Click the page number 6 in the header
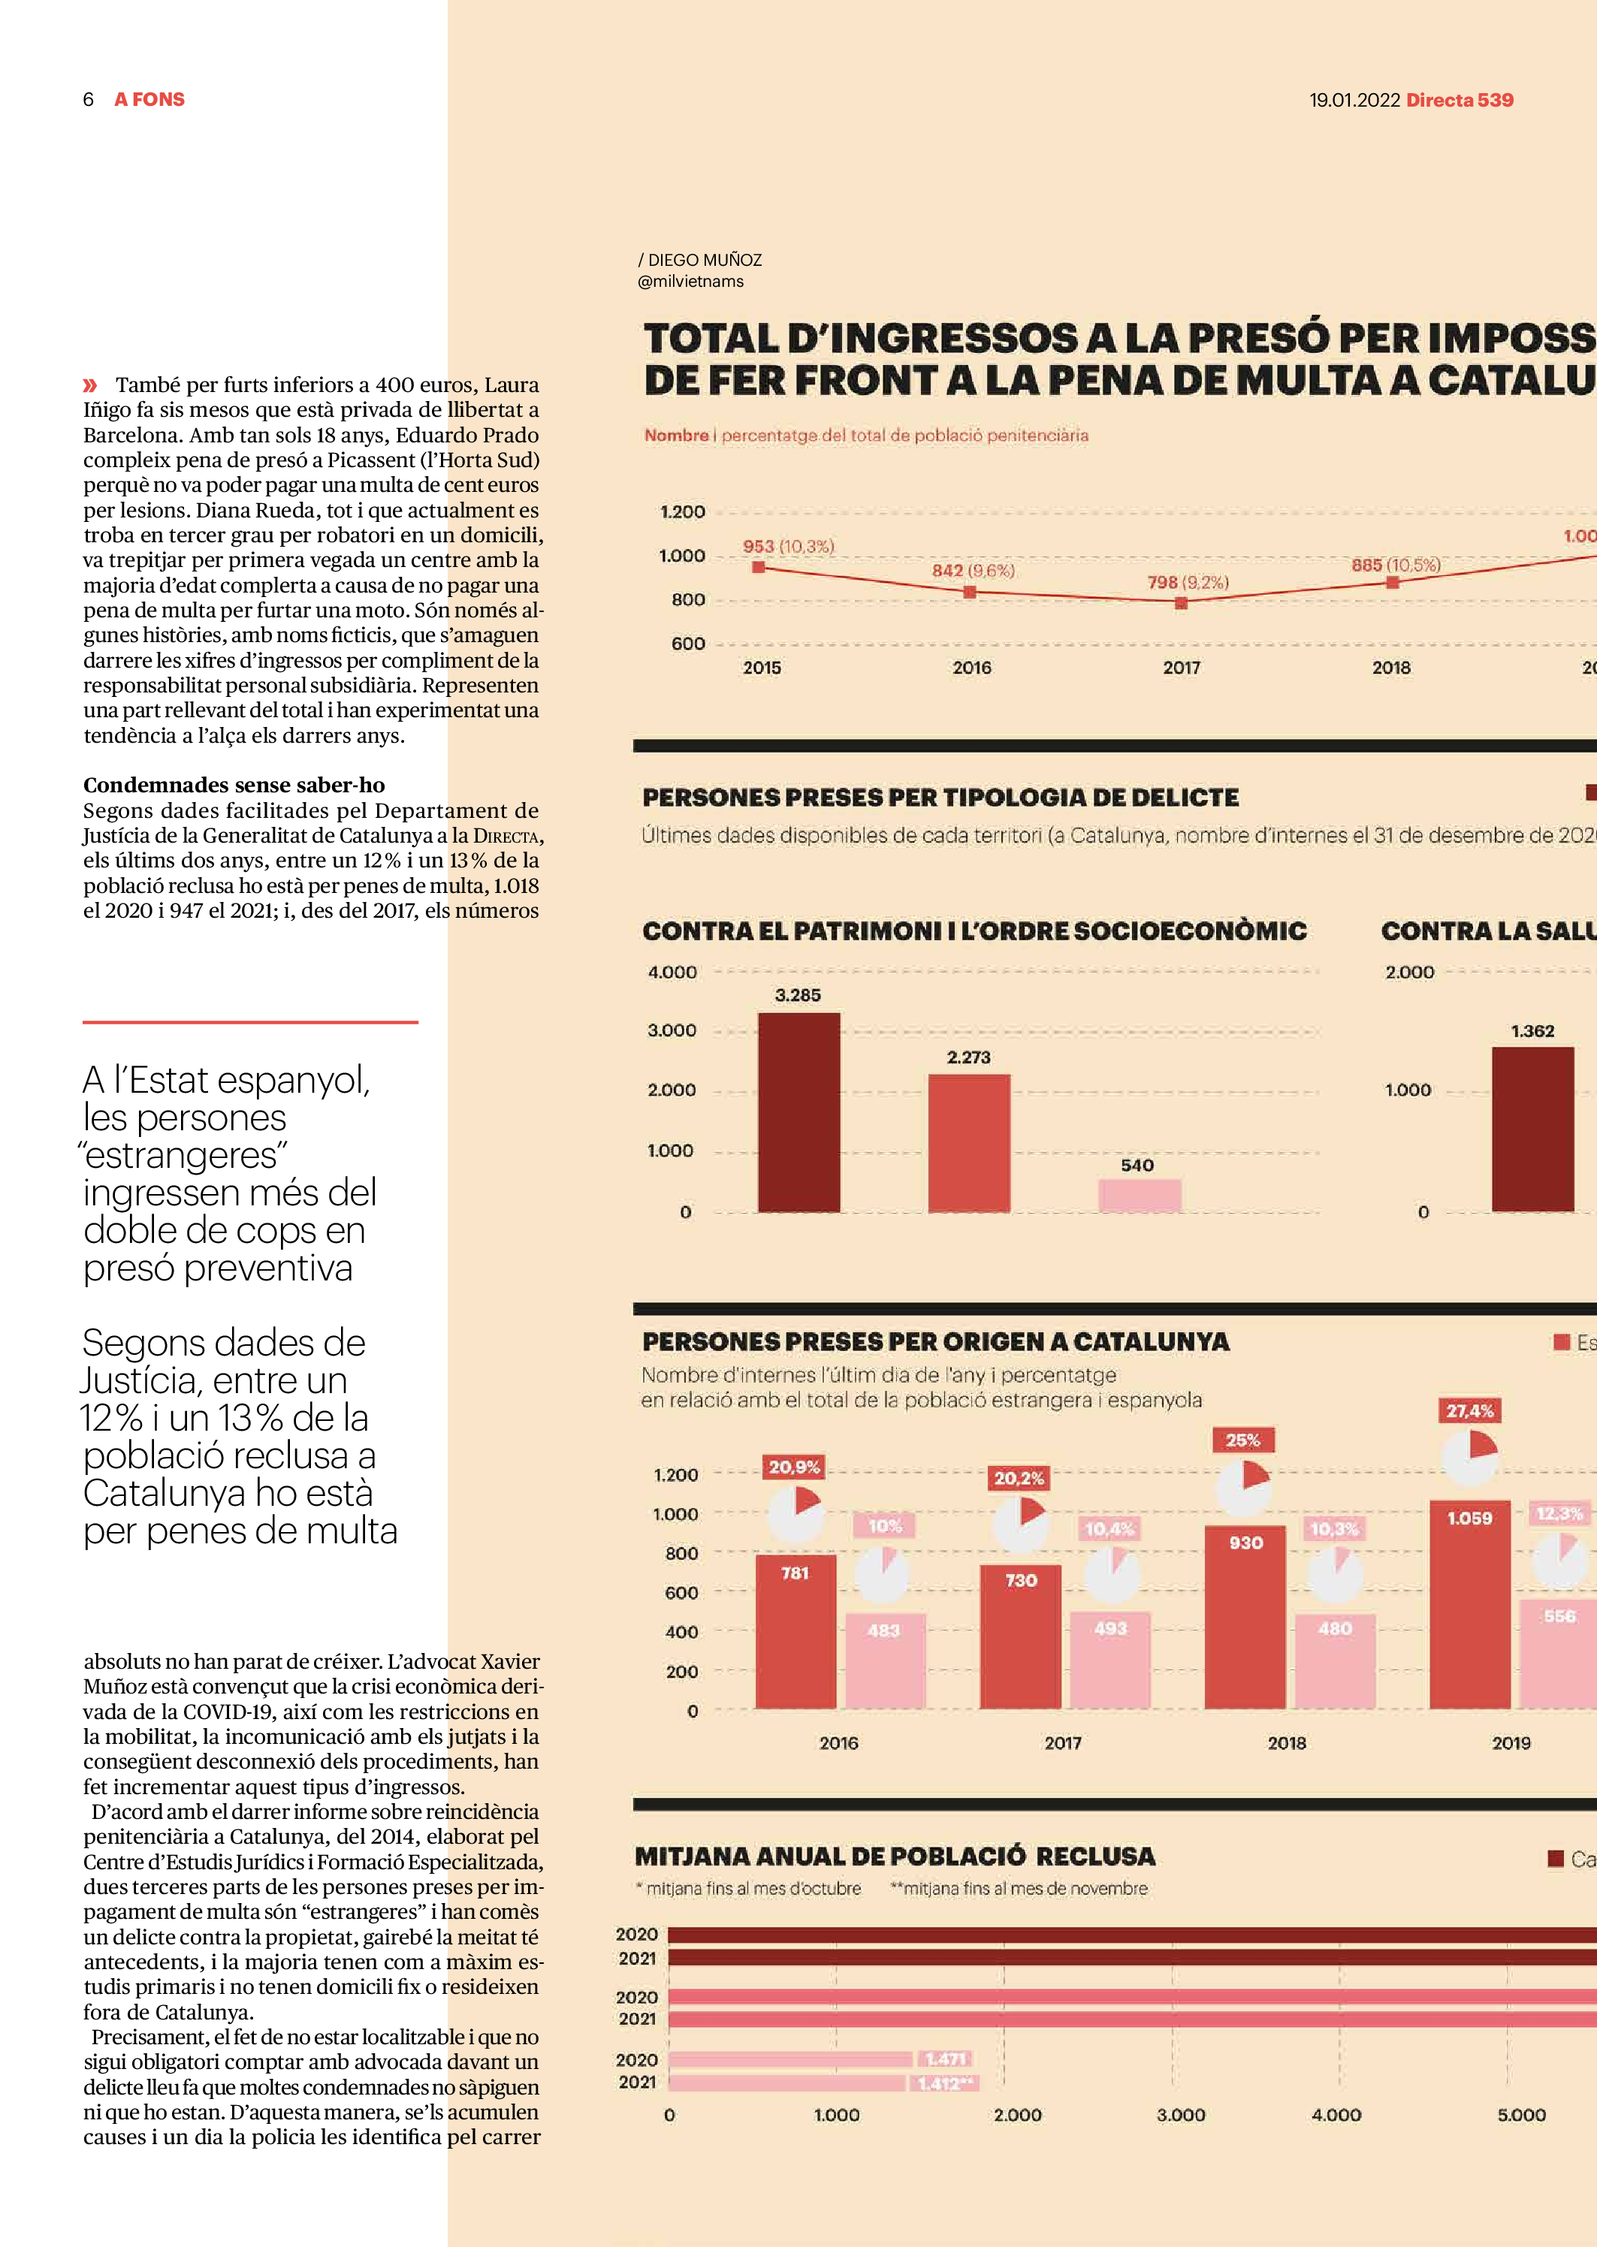[x=89, y=99]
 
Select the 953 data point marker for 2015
[x=758, y=567]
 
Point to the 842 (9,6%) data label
[x=973, y=570]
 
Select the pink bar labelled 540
[x=1139, y=1196]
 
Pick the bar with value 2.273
[x=968, y=1142]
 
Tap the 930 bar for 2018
[x=1244, y=1616]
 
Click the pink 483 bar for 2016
[x=885, y=1660]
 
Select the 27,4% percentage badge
[x=1469, y=1410]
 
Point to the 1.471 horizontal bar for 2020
[x=791, y=2059]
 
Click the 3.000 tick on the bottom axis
[x=1180, y=2114]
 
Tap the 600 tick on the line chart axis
[x=687, y=644]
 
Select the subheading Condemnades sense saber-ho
[x=234, y=784]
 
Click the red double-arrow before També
[x=90, y=385]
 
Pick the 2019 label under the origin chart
[x=1511, y=1743]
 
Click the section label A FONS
[x=149, y=99]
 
